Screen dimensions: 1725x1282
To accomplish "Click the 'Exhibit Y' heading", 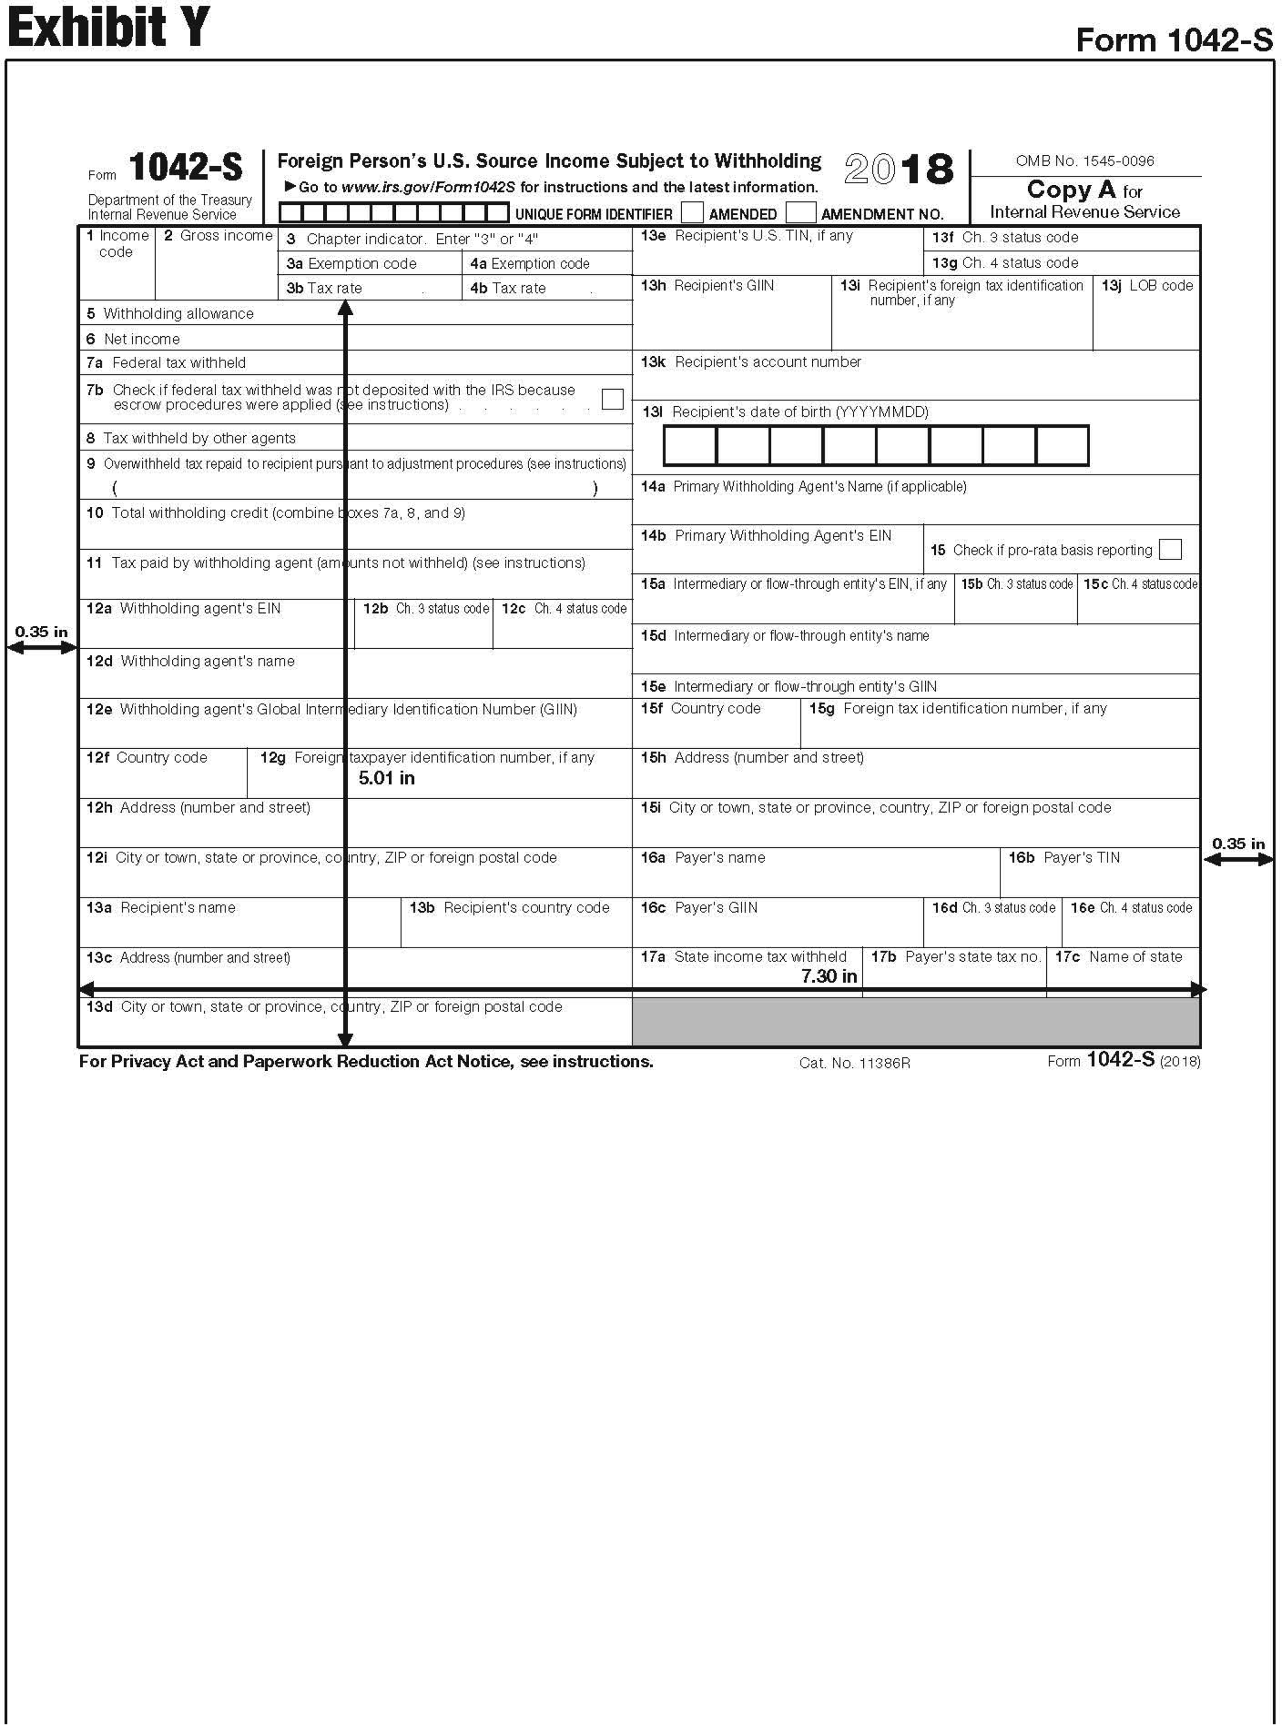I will point(109,27).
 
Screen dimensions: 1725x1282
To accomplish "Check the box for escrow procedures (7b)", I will point(612,399).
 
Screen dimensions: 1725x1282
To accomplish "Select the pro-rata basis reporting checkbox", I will point(1169,549).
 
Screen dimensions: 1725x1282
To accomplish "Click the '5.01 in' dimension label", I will point(386,778).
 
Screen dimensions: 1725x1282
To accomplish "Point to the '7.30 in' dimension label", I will point(829,976).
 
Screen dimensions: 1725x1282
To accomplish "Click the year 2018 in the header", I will point(899,169).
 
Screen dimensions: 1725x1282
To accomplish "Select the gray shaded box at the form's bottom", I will point(916,1022).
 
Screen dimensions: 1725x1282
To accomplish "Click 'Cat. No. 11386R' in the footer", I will point(855,1063).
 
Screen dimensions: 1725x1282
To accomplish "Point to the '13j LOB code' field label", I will point(1147,285).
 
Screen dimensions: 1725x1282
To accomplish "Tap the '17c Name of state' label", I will point(1118,956).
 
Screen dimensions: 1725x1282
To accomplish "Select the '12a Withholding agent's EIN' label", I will point(183,608).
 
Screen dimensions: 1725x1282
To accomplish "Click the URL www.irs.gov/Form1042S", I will point(428,187).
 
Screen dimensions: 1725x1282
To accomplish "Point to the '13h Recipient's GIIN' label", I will point(707,285).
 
